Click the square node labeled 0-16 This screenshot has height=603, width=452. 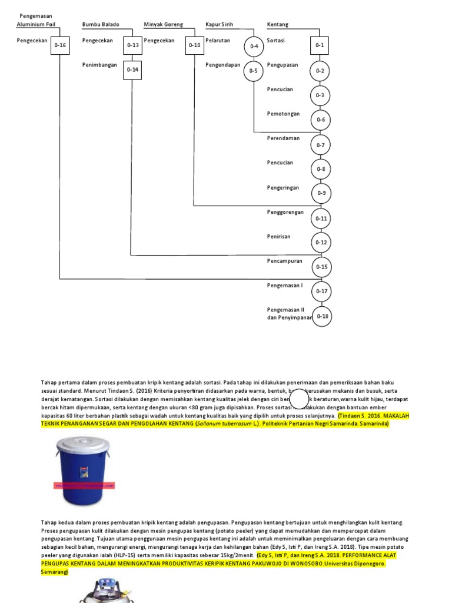point(60,45)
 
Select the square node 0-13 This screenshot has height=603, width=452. point(133,45)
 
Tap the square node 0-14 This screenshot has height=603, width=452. point(133,69)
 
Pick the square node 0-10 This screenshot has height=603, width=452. point(195,45)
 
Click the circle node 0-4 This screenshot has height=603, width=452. point(254,46)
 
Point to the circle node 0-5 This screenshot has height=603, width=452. point(254,71)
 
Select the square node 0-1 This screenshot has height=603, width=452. point(320,45)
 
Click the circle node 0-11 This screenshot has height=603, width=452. point(321,218)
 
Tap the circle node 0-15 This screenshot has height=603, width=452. point(321,267)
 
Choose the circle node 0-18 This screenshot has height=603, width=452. point(323,316)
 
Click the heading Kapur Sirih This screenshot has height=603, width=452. point(219,25)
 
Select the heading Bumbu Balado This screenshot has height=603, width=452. point(101,25)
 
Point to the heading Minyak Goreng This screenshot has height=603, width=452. point(164,25)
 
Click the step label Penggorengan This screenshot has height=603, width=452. point(285,212)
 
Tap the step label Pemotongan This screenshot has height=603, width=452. point(283,114)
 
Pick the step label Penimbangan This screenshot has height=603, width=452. point(99,65)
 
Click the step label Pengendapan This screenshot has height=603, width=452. point(223,65)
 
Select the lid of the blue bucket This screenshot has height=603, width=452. point(83,443)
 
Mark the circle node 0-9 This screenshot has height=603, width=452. point(321,193)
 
